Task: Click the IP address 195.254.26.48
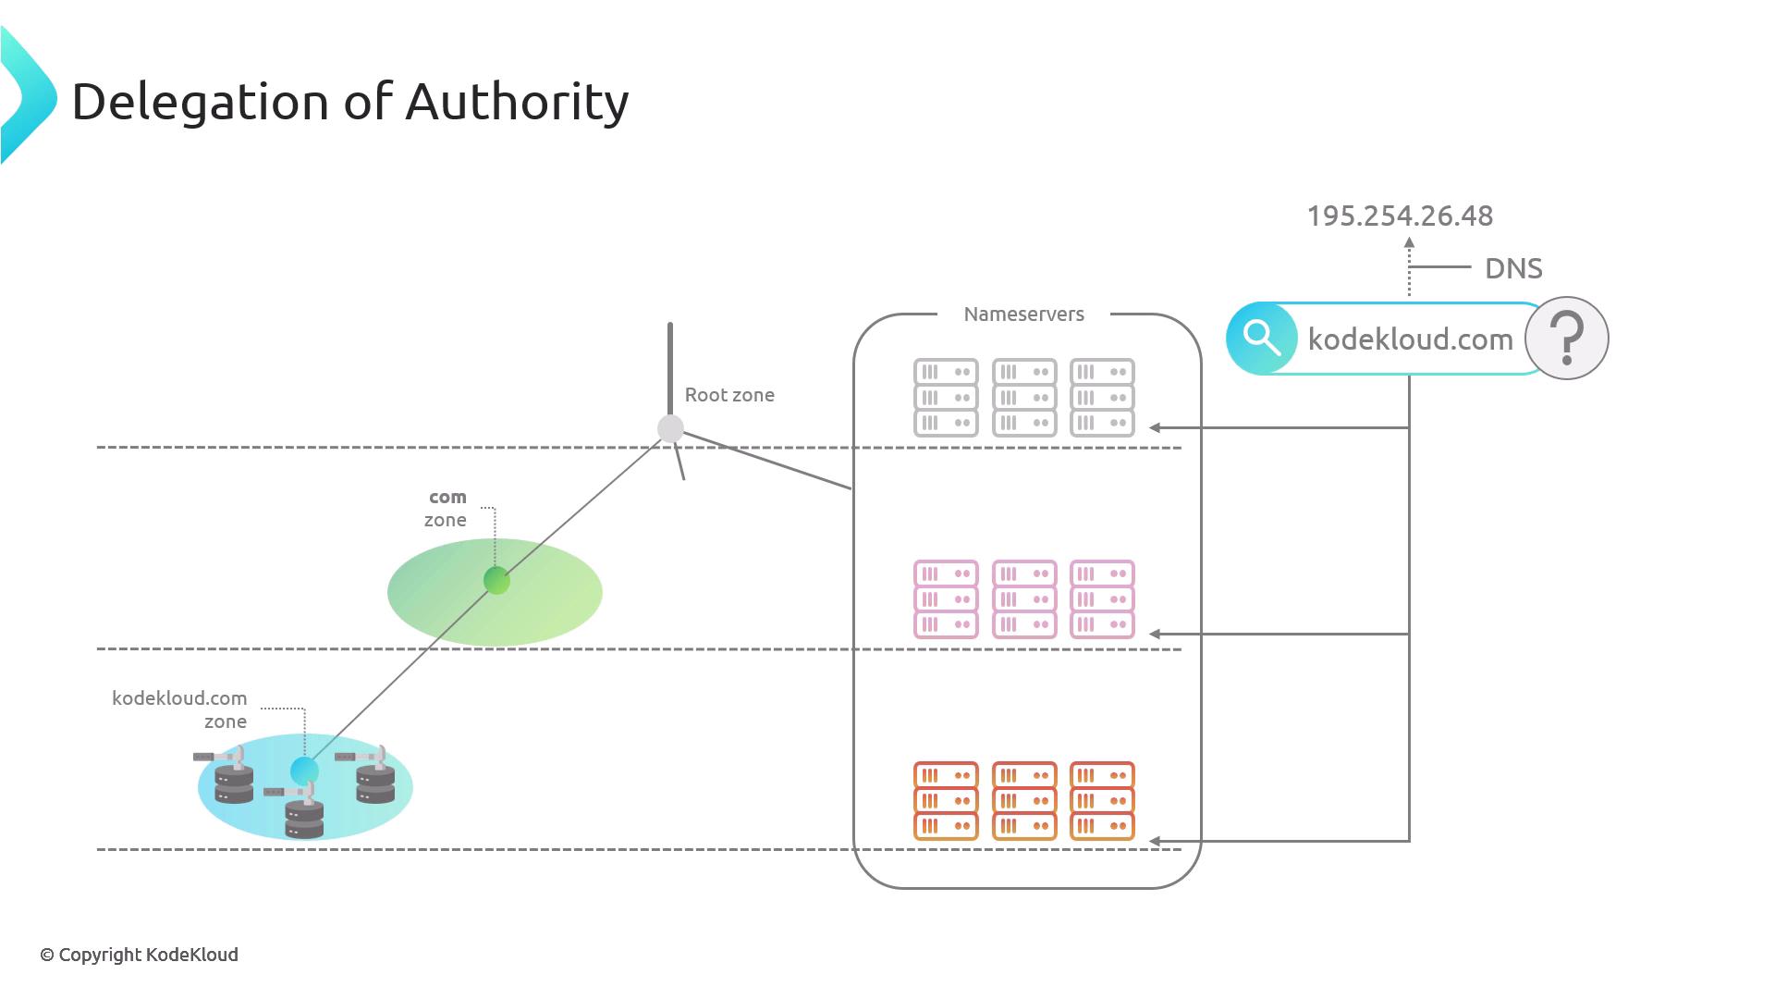pyautogui.click(x=1400, y=216)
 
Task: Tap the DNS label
pyautogui.click(x=1513, y=268)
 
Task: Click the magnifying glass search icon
pyautogui.click(x=1261, y=339)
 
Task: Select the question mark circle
pyautogui.click(x=1567, y=339)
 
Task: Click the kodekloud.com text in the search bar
pyautogui.click(x=1410, y=339)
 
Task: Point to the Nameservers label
pyautogui.click(x=1023, y=314)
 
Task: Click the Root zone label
pyautogui.click(x=729, y=395)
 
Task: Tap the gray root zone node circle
pyautogui.click(x=670, y=428)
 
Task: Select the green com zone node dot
pyautogui.click(x=496, y=581)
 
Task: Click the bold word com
pyautogui.click(x=447, y=498)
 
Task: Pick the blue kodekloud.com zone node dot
pyautogui.click(x=304, y=770)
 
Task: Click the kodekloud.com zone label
pyautogui.click(x=179, y=709)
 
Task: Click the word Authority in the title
pyautogui.click(x=517, y=102)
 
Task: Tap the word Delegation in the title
pyautogui.click(x=200, y=102)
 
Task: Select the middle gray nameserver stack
pyautogui.click(x=1023, y=398)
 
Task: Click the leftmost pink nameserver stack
pyautogui.click(x=946, y=599)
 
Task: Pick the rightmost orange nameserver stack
pyautogui.click(x=1102, y=801)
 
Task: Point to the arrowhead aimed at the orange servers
pyautogui.click(x=1155, y=842)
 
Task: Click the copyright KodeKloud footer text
pyautogui.click(x=139, y=955)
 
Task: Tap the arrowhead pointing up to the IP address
pyautogui.click(x=1409, y=243)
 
